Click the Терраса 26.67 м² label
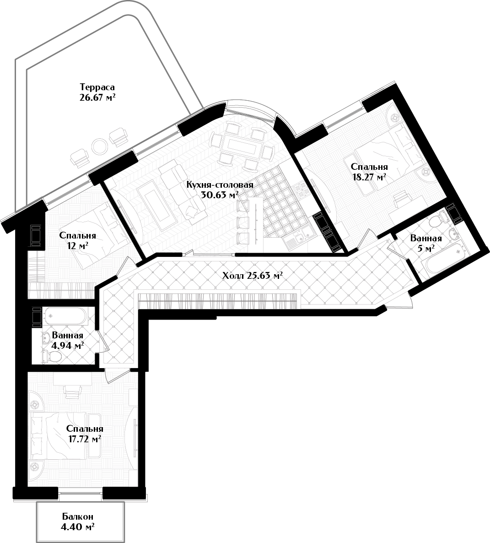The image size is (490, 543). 97,92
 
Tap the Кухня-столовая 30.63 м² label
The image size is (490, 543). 220,190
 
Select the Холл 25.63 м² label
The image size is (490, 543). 253,276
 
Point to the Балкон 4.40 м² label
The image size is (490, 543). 78,522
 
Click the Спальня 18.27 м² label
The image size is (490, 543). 369,172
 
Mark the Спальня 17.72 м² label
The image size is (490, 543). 85,434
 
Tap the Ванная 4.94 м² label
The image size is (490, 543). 67,341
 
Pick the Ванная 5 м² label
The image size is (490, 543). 426,243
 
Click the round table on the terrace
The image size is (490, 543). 100,147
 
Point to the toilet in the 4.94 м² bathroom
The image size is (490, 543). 52,356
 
